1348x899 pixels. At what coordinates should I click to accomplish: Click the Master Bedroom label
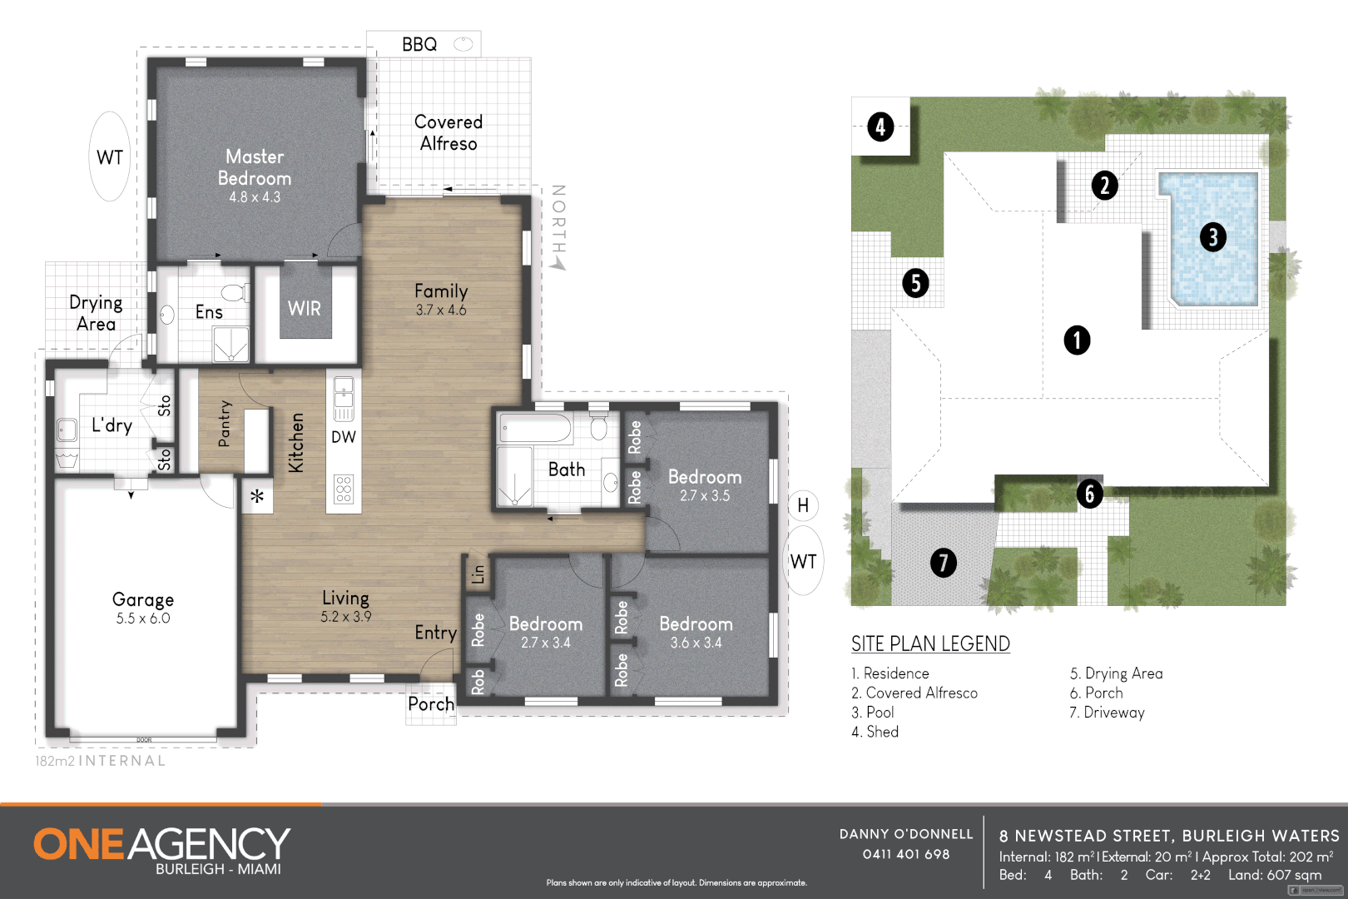click(x=255, y=167)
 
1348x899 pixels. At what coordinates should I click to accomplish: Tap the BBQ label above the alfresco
click(x=419, y=44)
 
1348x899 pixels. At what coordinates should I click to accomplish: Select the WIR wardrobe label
click(x=305, y=309)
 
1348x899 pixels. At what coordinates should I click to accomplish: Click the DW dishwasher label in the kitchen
click(x=344, y=437)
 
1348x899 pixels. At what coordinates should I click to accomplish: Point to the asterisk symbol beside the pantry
click(x=258, y=497)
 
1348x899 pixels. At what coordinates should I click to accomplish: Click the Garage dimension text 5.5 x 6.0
click(x=143, y=618)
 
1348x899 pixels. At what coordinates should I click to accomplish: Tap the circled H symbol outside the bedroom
click(x=803, y=505)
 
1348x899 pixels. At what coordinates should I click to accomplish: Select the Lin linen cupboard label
click(x=478, y=574)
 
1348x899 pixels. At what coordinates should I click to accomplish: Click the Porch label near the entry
click(x=431, y=704)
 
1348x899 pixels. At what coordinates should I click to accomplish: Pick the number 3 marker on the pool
click(x=1213, y=237)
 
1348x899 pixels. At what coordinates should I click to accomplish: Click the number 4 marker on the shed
click(x=880, y=127)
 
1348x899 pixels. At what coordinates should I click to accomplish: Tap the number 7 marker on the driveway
click(x=943, y=563)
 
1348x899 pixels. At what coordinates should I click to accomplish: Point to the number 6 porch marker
click(x=1090, y=494)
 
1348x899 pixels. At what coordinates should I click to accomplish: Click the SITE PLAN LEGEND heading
click(x=930, y=643)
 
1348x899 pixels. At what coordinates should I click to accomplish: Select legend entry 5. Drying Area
click(x=1116, y=673)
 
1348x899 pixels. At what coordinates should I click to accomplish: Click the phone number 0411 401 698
click(x=906, y=854)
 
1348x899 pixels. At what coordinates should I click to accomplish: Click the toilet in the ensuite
click(x=235, y=292)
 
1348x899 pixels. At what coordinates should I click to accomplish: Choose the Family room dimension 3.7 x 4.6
click(x=441, y=310)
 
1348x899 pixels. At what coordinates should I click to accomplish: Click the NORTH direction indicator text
click(x=558, y=220)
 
